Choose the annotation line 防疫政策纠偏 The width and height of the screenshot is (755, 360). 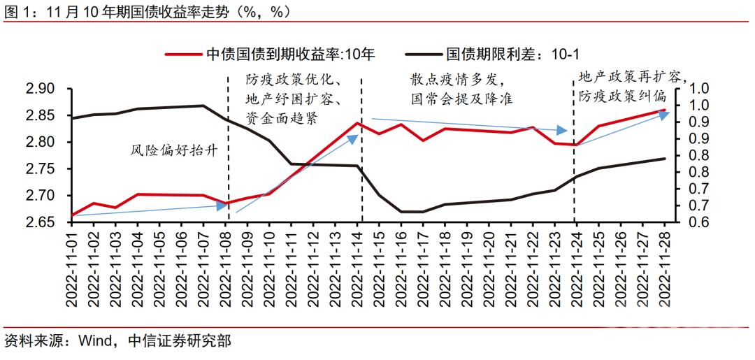[x=623, y=96]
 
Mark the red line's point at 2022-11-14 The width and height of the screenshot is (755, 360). [x=357, y=123]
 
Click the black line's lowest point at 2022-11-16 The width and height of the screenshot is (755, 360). [x=401, y=211]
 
